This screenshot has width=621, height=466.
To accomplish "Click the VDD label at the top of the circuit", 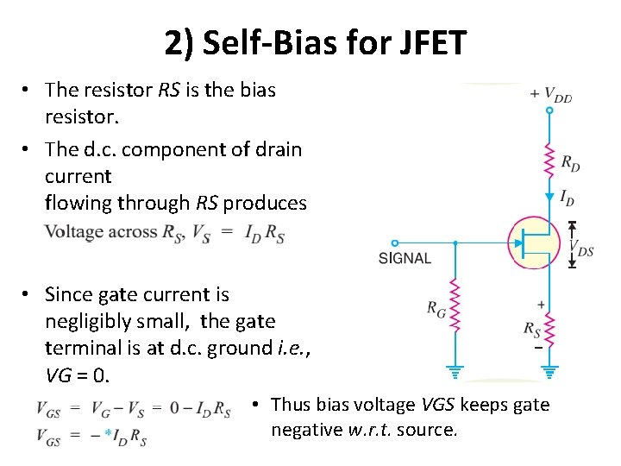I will pyautogui.click(x=551, y=95).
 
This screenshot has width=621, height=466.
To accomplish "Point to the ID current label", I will pyautogui.click(x=568, y=198).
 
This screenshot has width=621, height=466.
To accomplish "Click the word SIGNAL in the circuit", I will pyautogui.click(x=405, y=258).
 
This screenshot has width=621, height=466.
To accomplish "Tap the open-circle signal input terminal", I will pyautogui.click(x=394, y=243).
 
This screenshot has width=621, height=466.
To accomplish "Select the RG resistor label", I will pyautogui.click(x=436, y=308).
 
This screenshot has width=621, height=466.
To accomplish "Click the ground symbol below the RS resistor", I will pyautogui.click(x=550, y=373).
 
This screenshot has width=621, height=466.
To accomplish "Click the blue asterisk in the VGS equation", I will pyautogui.click(x=107, y=433).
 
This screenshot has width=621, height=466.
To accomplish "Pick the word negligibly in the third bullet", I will pyautogui.click(x=94, y=321).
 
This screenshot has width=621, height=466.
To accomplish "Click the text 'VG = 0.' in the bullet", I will pyautogui.click(x=78, y=375).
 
